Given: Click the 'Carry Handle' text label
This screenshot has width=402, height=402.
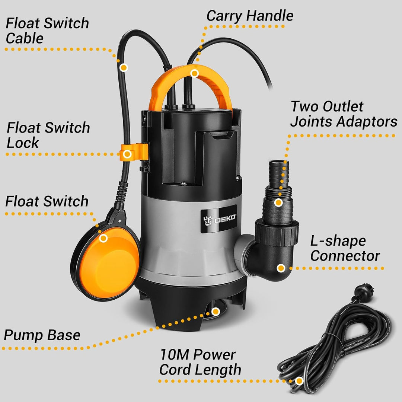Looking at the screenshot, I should [250, 16].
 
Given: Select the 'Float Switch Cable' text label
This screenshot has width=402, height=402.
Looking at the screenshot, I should [47, 31].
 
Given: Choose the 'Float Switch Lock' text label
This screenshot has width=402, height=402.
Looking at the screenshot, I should [48, 135].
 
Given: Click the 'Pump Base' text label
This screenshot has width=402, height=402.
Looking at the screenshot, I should [42, 335].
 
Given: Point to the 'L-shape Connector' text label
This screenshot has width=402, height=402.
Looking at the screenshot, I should [345, 248].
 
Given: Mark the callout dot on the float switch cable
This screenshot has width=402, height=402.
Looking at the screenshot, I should [124, 67].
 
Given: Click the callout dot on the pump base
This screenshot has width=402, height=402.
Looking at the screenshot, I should [215, 311].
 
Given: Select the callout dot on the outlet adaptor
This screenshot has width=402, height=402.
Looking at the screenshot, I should [278, 203].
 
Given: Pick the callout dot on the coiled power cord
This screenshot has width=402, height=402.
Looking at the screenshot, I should [299, 381].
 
